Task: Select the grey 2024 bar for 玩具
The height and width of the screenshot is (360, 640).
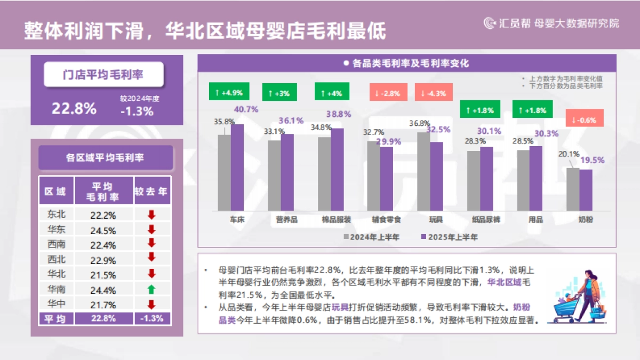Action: [423, 171]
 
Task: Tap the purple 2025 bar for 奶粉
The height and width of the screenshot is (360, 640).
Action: [586, 190]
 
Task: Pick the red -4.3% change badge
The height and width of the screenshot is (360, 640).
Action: [433, 93]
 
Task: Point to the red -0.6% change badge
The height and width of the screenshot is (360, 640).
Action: [585, 119]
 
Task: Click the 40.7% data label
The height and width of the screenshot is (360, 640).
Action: [246, 109]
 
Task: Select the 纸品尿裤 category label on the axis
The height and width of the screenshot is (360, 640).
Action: [486, 220]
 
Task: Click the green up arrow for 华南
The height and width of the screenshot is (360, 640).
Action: [151, 290]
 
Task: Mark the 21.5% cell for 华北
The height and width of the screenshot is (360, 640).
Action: [103, 275]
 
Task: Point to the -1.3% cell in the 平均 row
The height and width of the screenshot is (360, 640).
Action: [152, 318]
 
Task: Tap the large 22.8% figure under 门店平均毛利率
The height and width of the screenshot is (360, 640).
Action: [74, 108]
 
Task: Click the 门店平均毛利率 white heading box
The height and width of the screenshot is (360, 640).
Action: [103, 75]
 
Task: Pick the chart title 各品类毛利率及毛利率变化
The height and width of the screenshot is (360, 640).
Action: [410, 63]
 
